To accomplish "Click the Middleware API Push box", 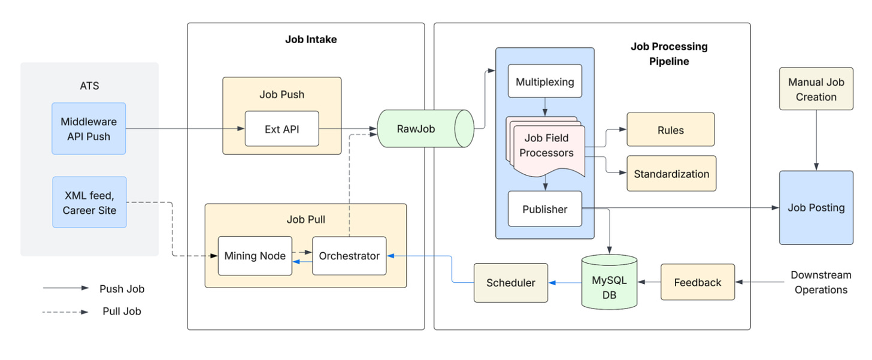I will (89, 129).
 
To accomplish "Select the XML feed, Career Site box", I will (89, 202).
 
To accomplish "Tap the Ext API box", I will (281, 129).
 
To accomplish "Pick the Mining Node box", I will (255, 256).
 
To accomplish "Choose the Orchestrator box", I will (349, 256).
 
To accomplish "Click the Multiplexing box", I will (545, 81).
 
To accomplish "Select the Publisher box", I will (545, 209).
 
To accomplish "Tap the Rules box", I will (670, 129).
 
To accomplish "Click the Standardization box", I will (671, 174).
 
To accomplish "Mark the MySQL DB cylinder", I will (609, 282).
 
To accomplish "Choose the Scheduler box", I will (510, 283).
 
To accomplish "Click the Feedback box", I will (698, 282).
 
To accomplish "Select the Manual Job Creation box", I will (816, 89).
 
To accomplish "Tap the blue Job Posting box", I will (816, 208).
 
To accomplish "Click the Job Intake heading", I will (311, 40).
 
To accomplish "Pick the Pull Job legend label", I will (122, 311).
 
